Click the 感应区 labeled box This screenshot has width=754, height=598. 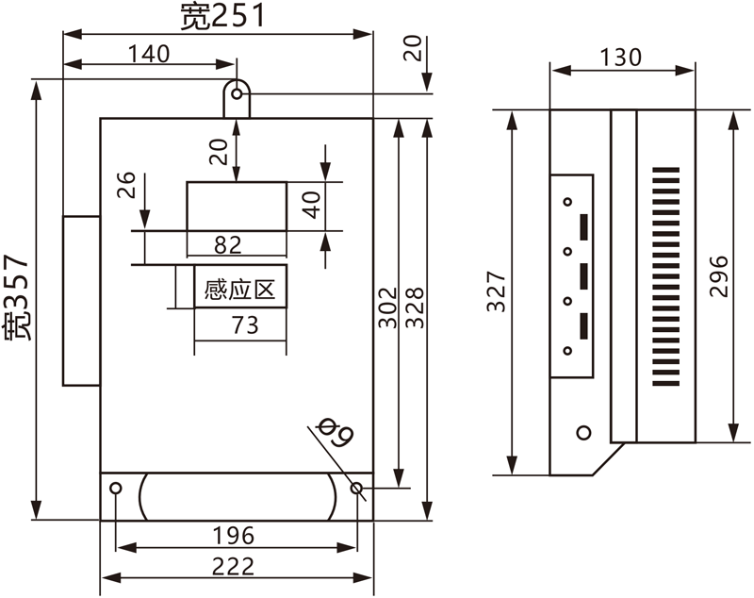pos(239,290)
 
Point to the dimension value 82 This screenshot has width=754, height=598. pos(228,245)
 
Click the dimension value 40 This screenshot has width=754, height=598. pos(312,204)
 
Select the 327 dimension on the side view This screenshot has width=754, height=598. pos(499,291)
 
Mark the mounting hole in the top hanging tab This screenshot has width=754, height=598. pos(238,92)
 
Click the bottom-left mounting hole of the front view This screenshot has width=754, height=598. pos(116,489)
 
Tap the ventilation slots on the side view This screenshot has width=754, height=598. pos(664,280)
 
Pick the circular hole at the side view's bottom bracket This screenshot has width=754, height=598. pos(583,432)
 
